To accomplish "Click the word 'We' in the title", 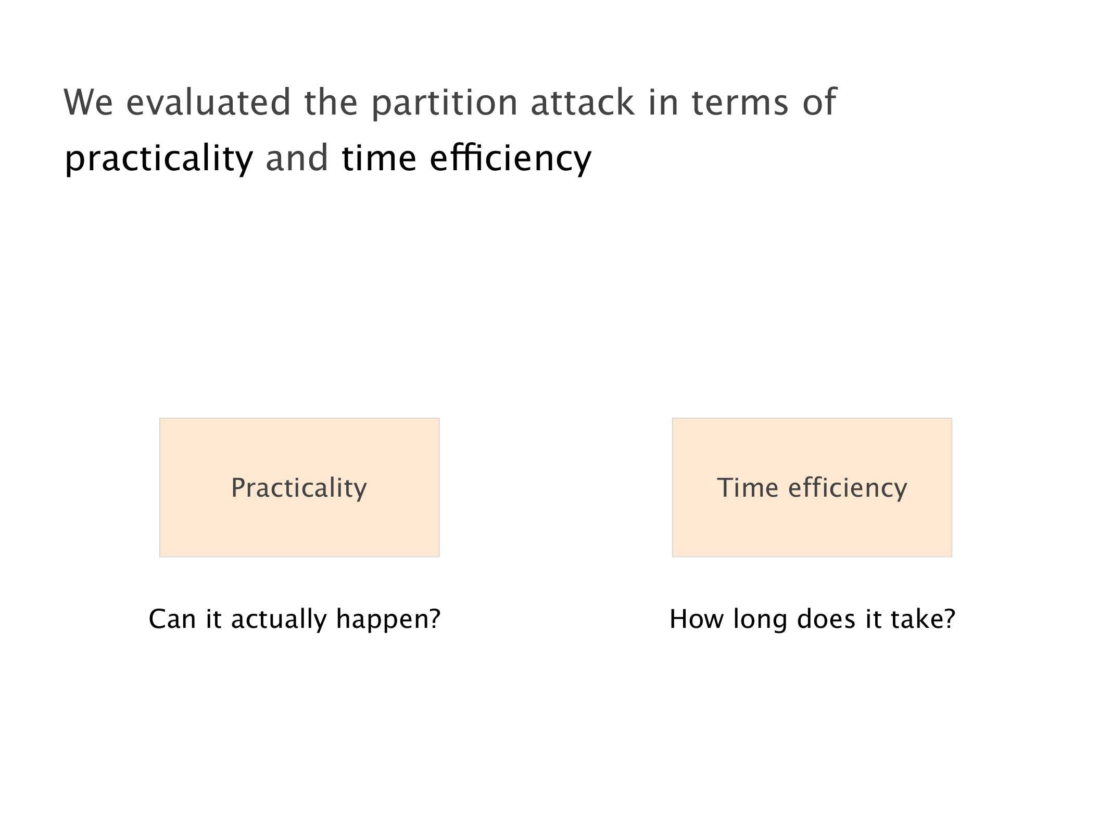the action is (x=88, y=102).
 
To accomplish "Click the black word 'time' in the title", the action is (x=379, y=158).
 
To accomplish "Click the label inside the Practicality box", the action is (x=299, y=488).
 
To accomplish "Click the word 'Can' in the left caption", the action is (x=172, y=619).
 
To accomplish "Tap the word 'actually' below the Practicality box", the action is (x=279, y=620).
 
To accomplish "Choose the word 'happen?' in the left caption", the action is (x=388, y=620).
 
